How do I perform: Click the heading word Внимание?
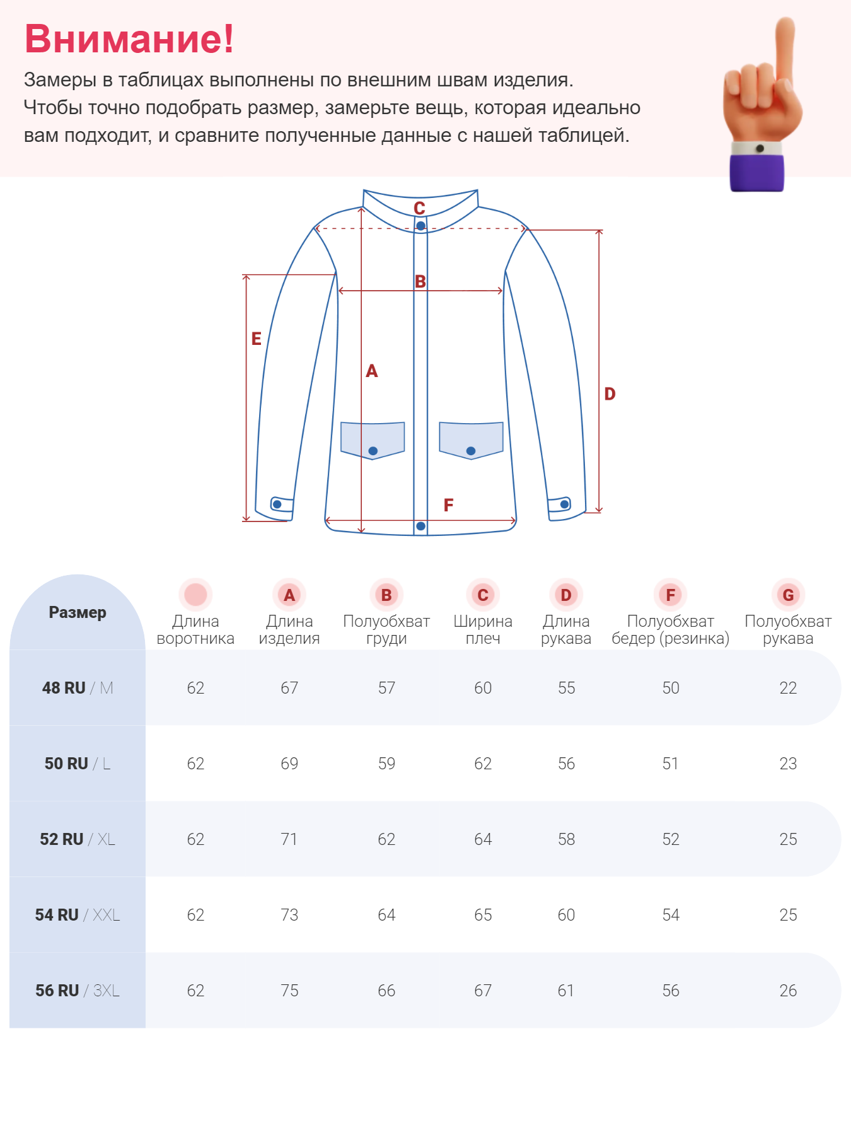[x=129, y=39]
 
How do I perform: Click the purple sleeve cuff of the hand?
[x=756, y=172]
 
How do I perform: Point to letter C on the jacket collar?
[x=419, y=207]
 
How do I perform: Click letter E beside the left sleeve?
[x=256, y=339]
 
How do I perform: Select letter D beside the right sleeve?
[x=610, y=394]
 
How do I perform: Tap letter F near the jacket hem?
[x=448, y=505]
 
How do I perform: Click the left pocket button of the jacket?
[x=373, y=451]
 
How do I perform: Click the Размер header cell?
[x=78, y=612]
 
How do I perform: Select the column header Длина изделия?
[x=289, y=629]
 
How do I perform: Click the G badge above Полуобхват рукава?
[x=788, y=595]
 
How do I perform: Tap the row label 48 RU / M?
[x=78, y=688]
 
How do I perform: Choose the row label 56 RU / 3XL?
[x=78, y=991]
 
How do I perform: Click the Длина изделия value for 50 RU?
[x=289, y=764]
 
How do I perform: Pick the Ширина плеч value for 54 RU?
[x=483, y=915]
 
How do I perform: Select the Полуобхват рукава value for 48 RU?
[x=788, y=688]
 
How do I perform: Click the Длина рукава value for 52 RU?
[x=566, y=839]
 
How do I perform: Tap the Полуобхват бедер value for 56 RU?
[x=671, y=991]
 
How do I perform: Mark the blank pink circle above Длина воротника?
[x=195, y=595]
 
